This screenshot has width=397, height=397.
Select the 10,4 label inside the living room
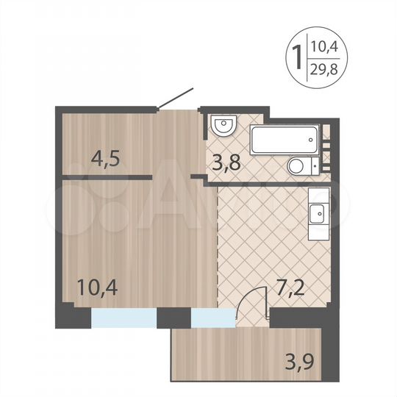point(96,284)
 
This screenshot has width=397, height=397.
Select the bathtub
point(284,139)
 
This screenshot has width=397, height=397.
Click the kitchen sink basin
point(318,214)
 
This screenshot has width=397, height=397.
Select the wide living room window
point(124,318)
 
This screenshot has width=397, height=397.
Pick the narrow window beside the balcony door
point(211,318)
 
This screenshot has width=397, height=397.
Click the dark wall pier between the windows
point(174,318)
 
